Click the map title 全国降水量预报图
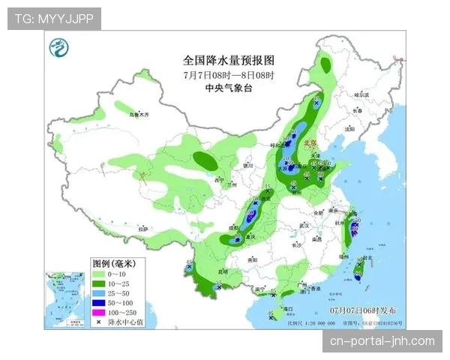click(229, 60)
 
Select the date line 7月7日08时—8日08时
click(229, 75)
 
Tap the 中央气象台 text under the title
click(229, 88)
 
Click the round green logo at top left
click(58, 49)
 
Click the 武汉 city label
click(304, 224)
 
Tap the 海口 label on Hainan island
click(286, 308)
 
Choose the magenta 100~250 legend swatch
click(98, 312)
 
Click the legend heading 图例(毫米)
click(113, 263)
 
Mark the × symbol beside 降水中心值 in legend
click(98, 322)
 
